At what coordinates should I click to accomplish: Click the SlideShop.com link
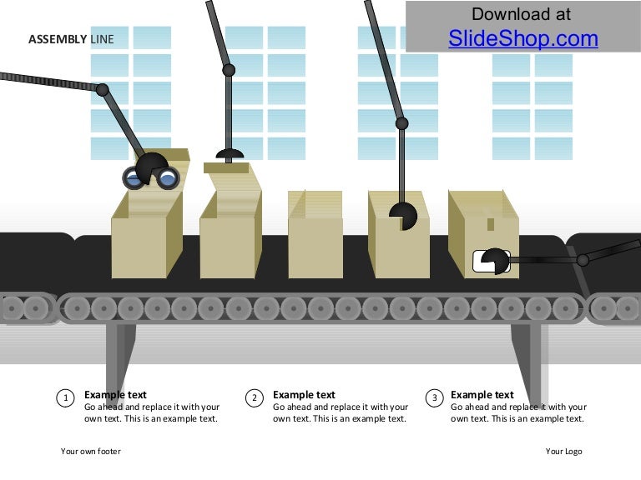(522, 39)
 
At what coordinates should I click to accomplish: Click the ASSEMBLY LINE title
(71, 39)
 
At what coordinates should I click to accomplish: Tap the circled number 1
(65, 398)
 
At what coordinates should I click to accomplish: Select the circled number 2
(255, 398)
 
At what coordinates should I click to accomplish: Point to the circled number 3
(434, 398)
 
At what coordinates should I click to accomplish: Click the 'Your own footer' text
(91, 451)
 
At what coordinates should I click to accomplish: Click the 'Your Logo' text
(563, 451)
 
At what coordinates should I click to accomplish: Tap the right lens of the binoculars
(168, 178)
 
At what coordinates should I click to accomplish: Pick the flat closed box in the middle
(315, 235)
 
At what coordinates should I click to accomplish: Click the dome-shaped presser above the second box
(230, 154)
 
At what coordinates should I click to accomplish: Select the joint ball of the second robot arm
(229, 70)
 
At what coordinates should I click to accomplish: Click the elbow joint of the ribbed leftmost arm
(102, 90)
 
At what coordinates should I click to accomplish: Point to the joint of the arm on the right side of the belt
(583, 260)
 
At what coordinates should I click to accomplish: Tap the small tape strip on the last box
(491, 223)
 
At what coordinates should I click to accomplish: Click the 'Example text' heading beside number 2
(304, 395)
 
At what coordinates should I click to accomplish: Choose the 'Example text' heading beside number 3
(482, 395)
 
